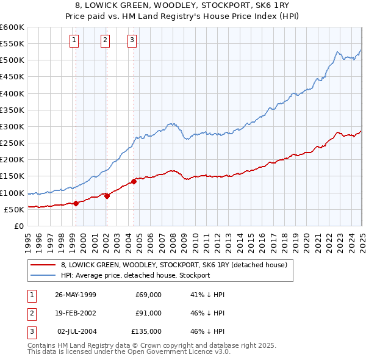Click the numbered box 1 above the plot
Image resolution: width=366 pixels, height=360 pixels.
point(74,41)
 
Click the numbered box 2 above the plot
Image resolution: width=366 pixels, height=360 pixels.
point(105,41)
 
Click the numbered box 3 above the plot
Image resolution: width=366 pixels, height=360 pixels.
point(132,41)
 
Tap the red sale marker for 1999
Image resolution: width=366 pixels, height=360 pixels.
point(76,203)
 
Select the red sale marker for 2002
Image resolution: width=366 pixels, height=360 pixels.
point(107,196)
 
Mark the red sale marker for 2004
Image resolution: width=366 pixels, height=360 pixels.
point(134,181)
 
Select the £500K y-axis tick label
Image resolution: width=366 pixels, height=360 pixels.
point(12,60)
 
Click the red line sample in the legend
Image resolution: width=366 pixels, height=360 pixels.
point(42,264)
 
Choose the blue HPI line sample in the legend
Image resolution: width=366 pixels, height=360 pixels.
point(42,275)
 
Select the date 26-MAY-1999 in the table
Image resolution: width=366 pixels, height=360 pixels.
point(76,295)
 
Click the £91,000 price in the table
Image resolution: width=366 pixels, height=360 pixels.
point(148,313)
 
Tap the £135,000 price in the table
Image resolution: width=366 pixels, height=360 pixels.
point(146,331)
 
